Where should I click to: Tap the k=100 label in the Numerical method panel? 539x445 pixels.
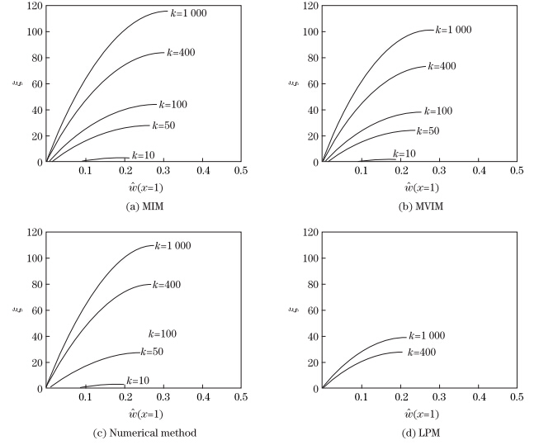[163, 334]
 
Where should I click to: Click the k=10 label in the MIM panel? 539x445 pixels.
[144, 154]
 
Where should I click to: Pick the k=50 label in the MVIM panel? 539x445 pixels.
[428, 130]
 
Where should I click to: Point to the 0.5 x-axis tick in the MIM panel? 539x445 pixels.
[241, 169]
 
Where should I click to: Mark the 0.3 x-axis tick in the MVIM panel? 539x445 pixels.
[438, 169]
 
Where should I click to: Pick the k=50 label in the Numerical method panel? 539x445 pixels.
[153, 352]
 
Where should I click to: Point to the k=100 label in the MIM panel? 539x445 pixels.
[173, 105]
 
